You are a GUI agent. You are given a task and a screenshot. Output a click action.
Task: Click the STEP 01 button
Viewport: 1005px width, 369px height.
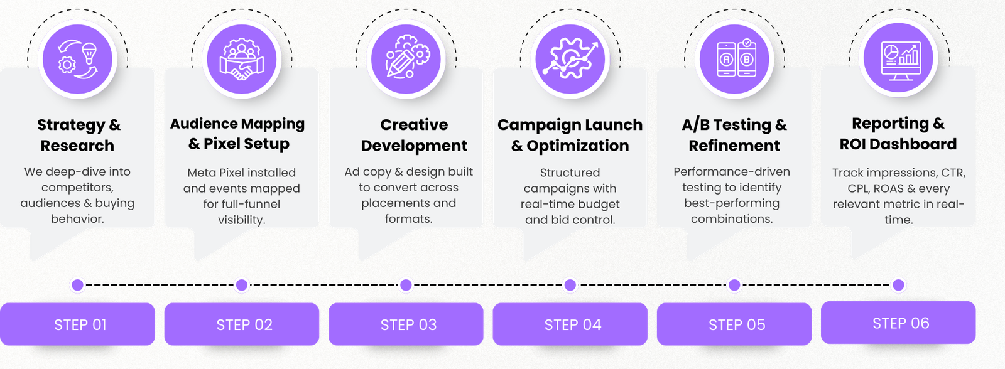[77, 324]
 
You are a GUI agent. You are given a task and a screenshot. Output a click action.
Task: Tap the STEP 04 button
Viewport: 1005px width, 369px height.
[570, 324]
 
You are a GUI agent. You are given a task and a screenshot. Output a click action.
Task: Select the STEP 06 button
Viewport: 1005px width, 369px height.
[898, 323]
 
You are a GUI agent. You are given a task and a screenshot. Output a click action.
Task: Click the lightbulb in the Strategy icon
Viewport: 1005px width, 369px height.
[89, 53]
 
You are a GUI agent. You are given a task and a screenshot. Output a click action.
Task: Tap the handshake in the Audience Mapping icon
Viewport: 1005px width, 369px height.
[242, 69]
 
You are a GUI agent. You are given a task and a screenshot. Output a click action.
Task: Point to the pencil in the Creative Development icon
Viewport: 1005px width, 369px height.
[398, 63]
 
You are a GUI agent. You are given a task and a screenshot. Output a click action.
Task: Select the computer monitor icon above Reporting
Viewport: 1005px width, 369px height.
[901, 61]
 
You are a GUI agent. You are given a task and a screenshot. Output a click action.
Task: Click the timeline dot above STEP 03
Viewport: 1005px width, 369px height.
[406, 285]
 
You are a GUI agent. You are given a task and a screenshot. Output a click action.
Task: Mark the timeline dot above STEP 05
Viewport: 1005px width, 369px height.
[734, 285]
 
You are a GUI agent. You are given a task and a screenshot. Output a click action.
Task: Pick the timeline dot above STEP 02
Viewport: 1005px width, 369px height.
[242, 285]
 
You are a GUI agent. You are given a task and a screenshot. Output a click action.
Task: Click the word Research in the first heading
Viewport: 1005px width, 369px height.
[77, 146]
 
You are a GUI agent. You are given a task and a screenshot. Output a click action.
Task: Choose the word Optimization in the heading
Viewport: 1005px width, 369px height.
[578, 146]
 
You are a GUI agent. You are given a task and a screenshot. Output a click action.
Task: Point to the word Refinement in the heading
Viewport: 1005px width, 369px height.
[734, 146]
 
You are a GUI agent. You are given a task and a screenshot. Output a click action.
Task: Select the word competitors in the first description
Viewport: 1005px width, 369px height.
[77, 188]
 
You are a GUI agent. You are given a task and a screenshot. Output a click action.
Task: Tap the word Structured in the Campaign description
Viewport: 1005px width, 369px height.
[570, 173]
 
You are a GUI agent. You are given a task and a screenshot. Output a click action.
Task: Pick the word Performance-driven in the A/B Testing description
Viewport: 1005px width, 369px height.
[732, 172]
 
